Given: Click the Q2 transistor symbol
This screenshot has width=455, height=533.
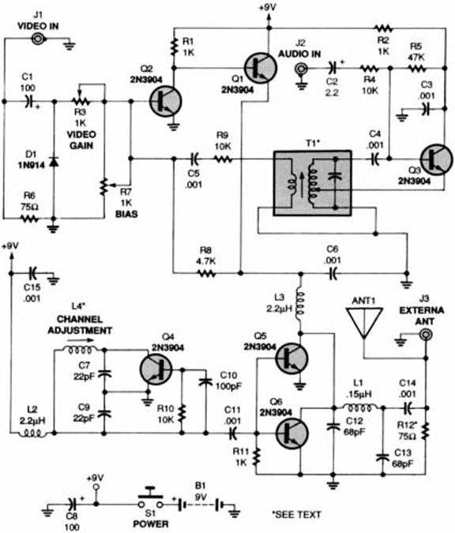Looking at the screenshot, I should (x=164, y=101).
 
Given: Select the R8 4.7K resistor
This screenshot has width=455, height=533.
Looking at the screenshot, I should (x=207, y=273).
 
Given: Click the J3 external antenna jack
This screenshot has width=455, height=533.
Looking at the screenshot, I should (x=425, y=335).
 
